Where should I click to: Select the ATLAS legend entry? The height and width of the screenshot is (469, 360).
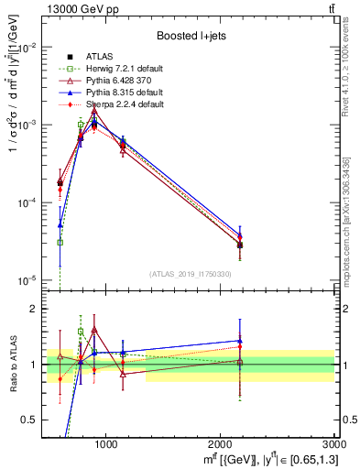pos(98,57)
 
